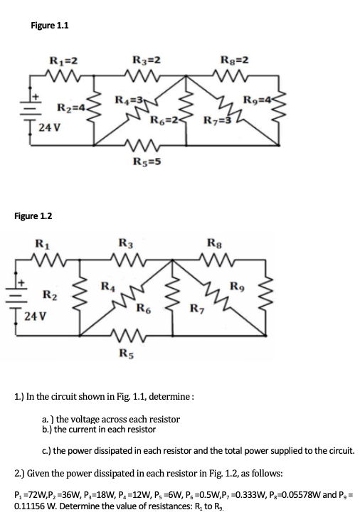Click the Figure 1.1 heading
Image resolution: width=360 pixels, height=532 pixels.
click(50, 26)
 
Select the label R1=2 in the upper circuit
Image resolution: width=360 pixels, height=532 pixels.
click(63, 60)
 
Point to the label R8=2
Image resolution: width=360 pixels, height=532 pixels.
click(235, 60)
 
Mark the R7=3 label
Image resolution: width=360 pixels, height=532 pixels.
click(216, 116)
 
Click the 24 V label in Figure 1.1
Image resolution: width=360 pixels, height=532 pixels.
click(48, 128)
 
